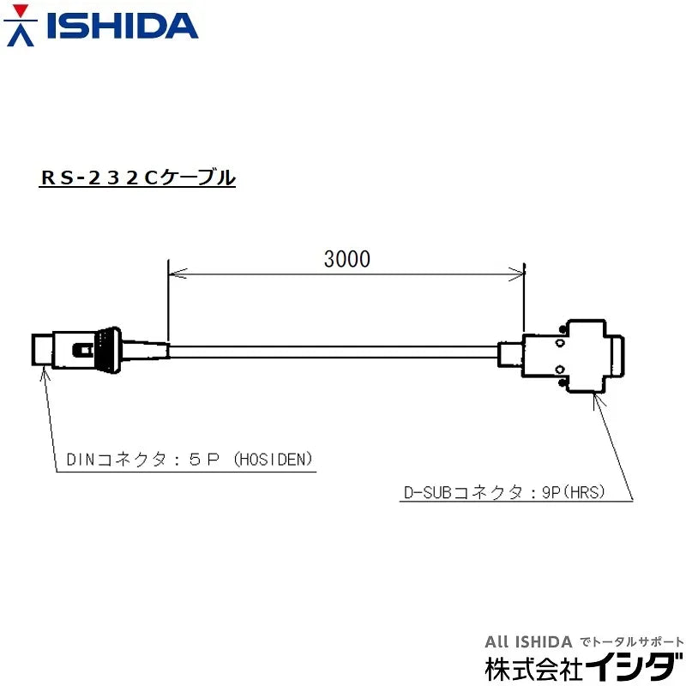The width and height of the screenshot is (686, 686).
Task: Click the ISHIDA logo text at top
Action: tap(122, 26)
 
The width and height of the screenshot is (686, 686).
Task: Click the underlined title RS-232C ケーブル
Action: tap(137, 178)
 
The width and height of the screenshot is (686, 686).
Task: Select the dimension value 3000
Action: tap(347, 259)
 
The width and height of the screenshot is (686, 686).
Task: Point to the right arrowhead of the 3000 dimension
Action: tap(520, 274)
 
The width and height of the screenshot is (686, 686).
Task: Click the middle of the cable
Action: tap(334, 352)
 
